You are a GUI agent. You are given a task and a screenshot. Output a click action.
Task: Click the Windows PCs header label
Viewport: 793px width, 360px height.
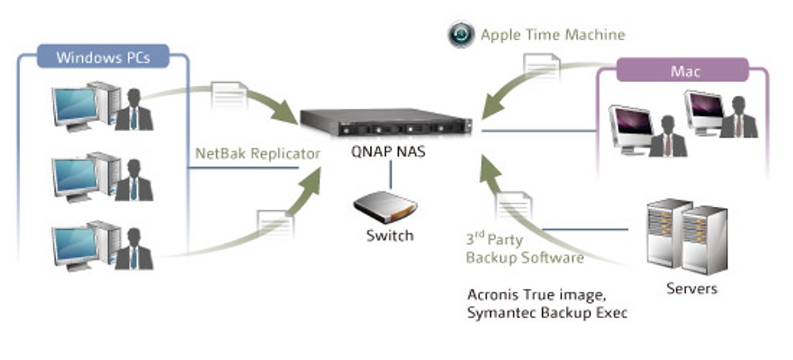[102, 57]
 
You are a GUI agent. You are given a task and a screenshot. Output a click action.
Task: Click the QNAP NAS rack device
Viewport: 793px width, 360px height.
[386, 123]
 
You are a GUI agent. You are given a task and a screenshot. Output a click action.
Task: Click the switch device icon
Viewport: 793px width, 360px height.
[385, 207]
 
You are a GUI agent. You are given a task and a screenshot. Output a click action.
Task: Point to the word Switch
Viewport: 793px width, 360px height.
[390, 235]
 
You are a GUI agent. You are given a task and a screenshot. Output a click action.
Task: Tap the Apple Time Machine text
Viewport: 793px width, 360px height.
[552, 35]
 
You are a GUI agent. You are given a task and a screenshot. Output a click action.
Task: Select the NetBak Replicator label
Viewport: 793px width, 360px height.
[257, 153]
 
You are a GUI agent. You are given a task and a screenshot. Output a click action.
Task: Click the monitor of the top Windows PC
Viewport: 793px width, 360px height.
[74, 106]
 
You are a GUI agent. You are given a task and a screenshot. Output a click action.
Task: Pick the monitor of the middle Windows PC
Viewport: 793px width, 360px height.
[74, 177]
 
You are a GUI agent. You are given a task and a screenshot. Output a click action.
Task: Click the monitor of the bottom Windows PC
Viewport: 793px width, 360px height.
[74, 245]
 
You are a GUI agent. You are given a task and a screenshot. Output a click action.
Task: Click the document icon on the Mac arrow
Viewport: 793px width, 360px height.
[541, 68]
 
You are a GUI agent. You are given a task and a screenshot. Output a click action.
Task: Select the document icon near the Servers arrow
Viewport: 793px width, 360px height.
[513, 207]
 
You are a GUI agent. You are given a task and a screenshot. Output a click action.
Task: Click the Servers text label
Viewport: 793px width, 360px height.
[692, 289]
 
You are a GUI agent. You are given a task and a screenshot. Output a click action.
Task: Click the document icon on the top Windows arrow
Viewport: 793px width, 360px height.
[228, 95]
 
